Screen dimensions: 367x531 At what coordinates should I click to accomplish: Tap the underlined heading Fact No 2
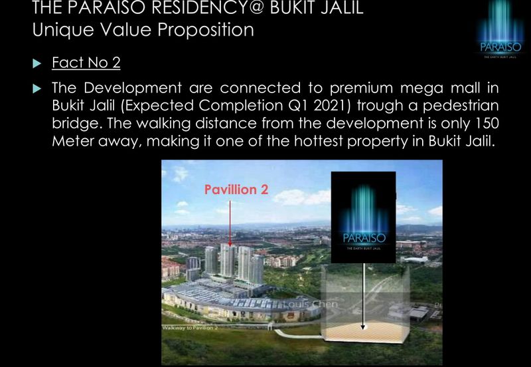click(x=86, y=64)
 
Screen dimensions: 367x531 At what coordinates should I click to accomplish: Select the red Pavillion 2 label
click(x=236, y=189)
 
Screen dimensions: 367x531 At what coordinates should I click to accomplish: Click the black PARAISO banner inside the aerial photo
click(x=363, y=216)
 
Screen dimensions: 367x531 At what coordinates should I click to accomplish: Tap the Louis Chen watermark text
click(x=312, y=305)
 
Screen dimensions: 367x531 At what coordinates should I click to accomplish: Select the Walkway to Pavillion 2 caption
click(x=191, y=328)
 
